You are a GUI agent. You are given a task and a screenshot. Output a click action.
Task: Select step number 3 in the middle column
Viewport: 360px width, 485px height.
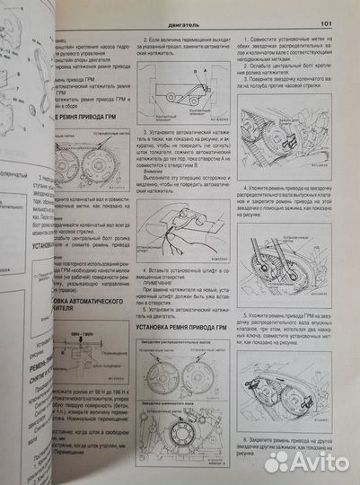click(146, 130)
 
